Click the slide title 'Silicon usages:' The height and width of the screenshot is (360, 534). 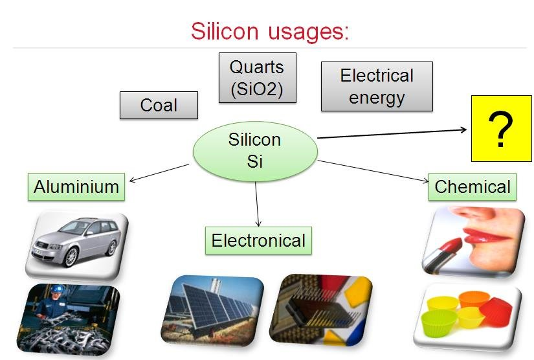(269, 30)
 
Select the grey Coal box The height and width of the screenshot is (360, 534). (159, 105)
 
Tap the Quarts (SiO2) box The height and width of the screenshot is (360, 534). (256, 78)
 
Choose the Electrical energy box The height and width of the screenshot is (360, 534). (377, 86)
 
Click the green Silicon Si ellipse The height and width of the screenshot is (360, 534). (255, 150)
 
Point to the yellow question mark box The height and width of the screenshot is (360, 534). (501, 131)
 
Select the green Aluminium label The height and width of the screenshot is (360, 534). (76, 187)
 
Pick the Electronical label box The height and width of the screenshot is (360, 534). (258, 241)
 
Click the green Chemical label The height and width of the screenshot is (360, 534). (473, 187)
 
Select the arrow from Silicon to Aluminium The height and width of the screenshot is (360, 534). (159, 173)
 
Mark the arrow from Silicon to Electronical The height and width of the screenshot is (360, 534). (257, 203)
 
